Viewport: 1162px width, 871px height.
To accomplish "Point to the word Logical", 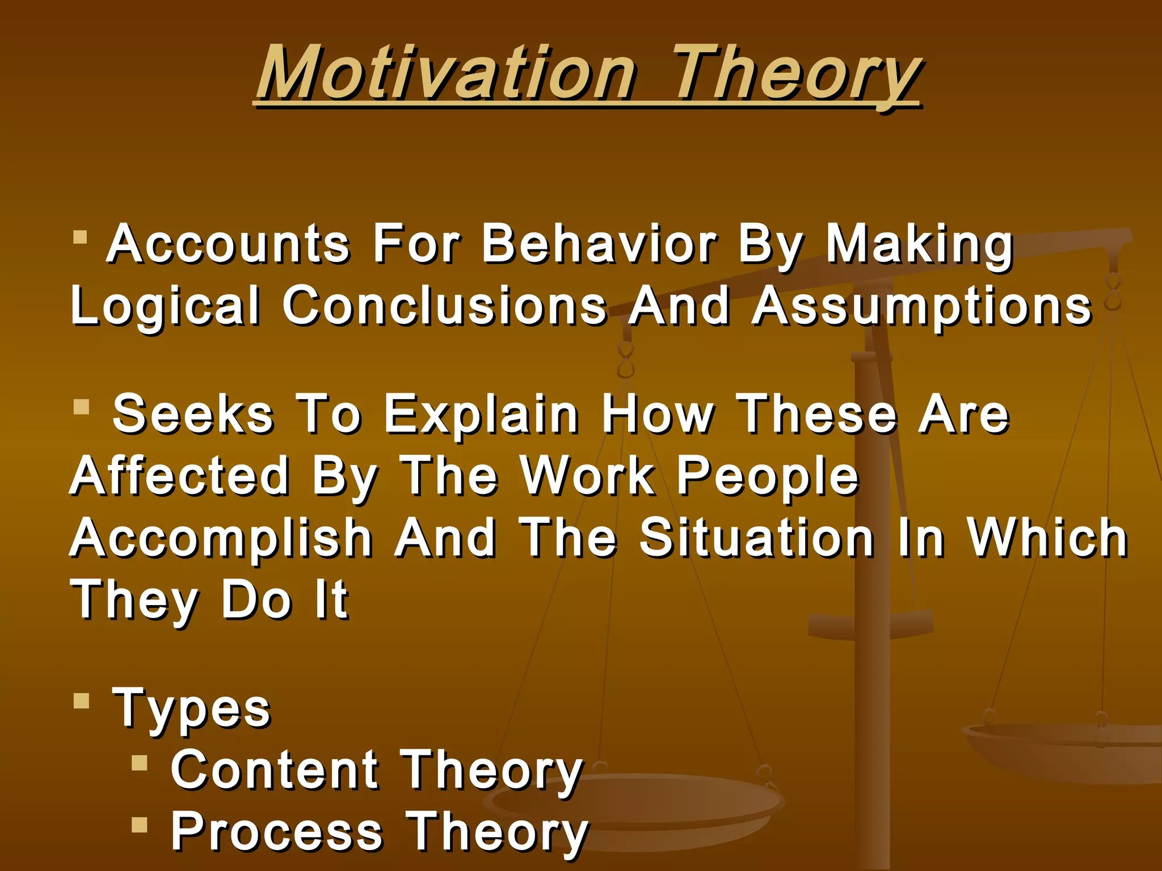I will pos(165,307).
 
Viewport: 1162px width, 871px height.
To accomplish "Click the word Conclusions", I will pos(444,306).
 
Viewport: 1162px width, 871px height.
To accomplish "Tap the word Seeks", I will pos(193,415).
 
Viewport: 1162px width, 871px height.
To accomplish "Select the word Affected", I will pos(179,476).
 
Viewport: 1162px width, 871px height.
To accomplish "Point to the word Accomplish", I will pos(221,539).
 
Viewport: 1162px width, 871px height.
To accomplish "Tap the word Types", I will pos(192,709).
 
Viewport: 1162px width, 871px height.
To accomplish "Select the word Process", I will pos(277,831).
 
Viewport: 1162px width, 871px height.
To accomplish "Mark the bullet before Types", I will pos(82,701).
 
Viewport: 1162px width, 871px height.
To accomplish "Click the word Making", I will pos(919,245).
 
